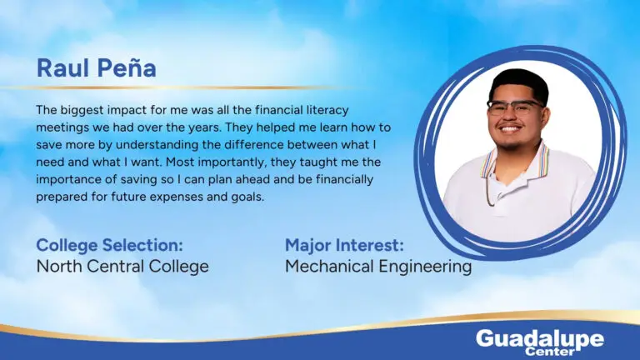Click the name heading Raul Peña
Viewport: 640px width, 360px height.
(x=97, y=68)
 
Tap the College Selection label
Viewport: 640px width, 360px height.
(x=109, y=245)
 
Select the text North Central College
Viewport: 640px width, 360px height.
(x=122, y=267)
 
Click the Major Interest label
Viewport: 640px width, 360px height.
(x=344, y=245)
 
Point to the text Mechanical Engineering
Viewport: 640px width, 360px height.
(x=378, y=267)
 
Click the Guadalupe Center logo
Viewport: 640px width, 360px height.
(x=540, y=342)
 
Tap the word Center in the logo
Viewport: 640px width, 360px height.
(x=550, y=351)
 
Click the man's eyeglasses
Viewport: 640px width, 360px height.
(x=515, y=107)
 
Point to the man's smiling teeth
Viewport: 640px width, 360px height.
(x=511, y=129)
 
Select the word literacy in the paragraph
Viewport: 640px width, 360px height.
(x=327, y=110)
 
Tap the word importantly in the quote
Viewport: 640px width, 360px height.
(x=233, y=162)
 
